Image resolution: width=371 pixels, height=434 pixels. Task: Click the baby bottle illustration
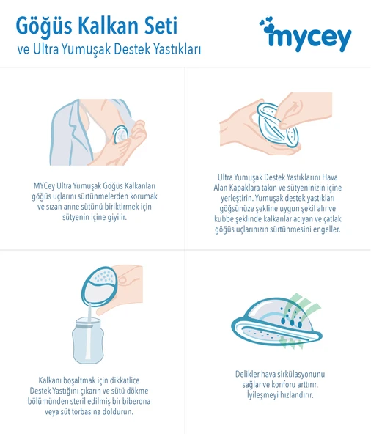click(88, 340)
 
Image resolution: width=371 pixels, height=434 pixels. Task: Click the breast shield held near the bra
click(121, 134)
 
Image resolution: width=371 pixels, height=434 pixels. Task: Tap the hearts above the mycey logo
click(268, 24)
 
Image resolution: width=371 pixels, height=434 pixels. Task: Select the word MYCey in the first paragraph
click(44, 186)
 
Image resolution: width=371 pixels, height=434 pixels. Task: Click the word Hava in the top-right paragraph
click(330, 177)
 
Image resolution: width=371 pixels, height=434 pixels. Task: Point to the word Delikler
click(248, 374)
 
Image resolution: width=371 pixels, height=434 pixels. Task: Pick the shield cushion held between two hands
click(278, 125)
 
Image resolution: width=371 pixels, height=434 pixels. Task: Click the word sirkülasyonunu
click(304, 375)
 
